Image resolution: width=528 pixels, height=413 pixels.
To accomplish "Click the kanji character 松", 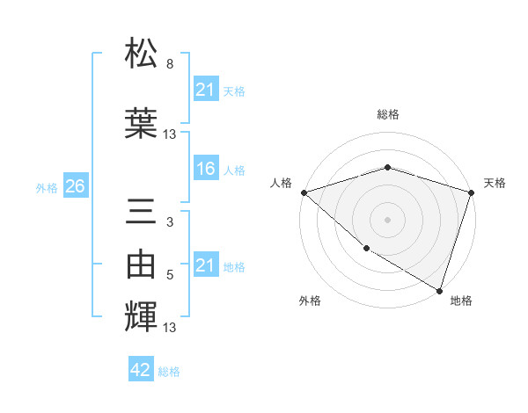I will click(x=142, y=54).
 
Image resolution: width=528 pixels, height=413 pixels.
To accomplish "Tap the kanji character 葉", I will click(x=142, y=123).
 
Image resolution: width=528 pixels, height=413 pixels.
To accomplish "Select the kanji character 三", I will click(x=142, y=214).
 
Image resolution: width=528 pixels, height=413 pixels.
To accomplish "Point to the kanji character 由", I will click(x=142, y=264).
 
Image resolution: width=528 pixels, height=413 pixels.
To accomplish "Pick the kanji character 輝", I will click(x=142, y=317).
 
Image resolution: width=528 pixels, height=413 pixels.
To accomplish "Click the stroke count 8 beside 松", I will click(x=169, y=64).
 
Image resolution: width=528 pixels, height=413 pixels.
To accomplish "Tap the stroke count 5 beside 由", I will click(x=169, y=275).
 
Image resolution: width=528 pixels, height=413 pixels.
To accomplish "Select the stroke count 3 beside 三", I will click(x=169, y=222).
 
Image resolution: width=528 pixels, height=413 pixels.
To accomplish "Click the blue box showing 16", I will click(x=205, y=169).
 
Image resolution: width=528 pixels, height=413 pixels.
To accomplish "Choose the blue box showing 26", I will click(x=75, y=186).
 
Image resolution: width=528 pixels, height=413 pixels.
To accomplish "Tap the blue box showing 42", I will click(x=140, y=370).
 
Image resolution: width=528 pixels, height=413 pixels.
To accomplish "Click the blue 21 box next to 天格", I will click(x=205, y=90).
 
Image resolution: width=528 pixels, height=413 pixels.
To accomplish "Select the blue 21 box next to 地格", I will click(x=205, y=265).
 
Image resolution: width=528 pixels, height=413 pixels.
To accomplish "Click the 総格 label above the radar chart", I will click(x=388, y=114).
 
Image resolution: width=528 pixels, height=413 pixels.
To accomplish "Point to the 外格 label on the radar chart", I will click(x=310, y=301).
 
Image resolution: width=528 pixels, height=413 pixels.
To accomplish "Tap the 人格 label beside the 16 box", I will click(x=234, y=170).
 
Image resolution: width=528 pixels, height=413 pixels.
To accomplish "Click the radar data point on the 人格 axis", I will click(x=304, y=192).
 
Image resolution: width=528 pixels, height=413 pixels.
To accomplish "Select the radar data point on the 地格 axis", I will click(x=439, y=289).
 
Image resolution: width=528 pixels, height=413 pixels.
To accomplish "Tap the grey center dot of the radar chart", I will click(x=388, y=219).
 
